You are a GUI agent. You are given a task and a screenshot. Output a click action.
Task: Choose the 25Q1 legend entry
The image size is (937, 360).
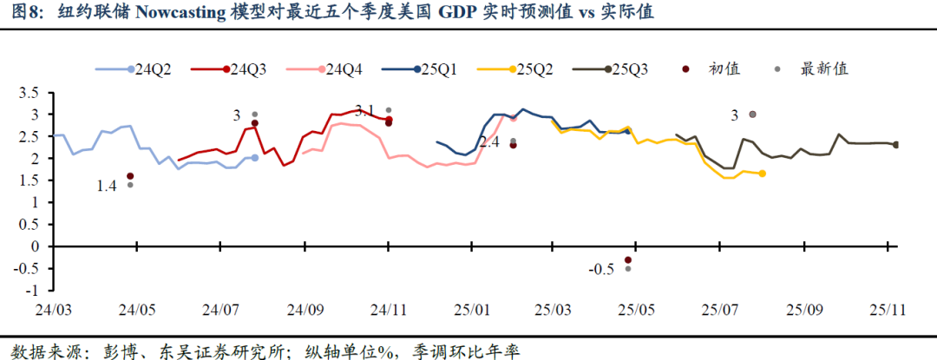click(429, 69)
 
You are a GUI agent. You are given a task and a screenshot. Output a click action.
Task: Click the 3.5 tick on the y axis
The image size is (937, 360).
click(29, 93)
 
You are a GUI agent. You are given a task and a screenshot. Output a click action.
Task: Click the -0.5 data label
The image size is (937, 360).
click(600, 270)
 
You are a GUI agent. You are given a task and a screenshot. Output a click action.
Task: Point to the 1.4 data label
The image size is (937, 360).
click(106, 186)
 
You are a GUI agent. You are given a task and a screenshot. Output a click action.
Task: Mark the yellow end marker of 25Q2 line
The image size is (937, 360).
click(762, 173)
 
